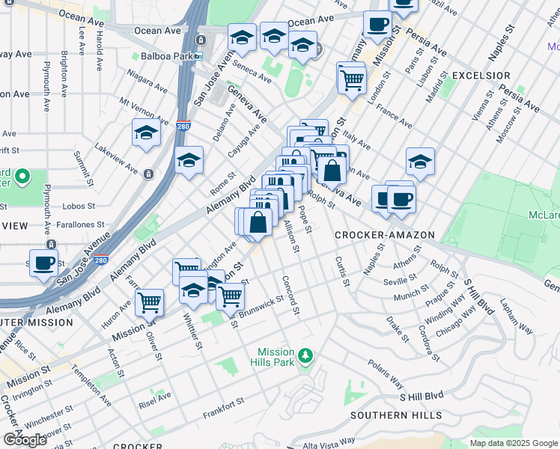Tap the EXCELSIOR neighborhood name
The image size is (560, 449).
(481, 76)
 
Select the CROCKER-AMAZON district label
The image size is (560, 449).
(385, 235)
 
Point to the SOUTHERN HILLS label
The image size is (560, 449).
(395, 415)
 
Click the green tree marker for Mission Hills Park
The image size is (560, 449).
(305, 354)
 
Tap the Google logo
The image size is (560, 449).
(25, 440)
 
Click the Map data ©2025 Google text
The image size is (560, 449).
(514, 443)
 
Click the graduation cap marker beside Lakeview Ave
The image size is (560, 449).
(146, 133)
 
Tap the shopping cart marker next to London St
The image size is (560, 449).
(351, 77)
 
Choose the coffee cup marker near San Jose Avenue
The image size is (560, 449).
(44, 263)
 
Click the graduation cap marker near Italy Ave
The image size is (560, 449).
(420, 162)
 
